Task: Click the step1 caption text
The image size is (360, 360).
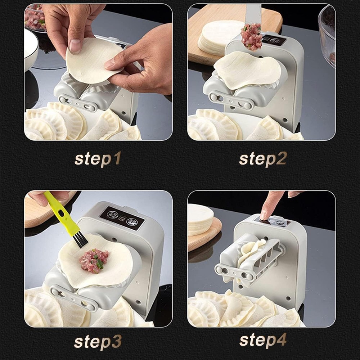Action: (98, 159)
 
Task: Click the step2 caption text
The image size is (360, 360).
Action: (262, 159)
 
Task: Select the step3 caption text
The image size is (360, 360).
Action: (98, 341)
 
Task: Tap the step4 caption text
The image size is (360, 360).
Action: (262, 340)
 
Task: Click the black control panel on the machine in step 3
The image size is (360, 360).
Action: (122, 218)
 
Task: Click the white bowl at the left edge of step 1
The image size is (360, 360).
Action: (30, 49)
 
